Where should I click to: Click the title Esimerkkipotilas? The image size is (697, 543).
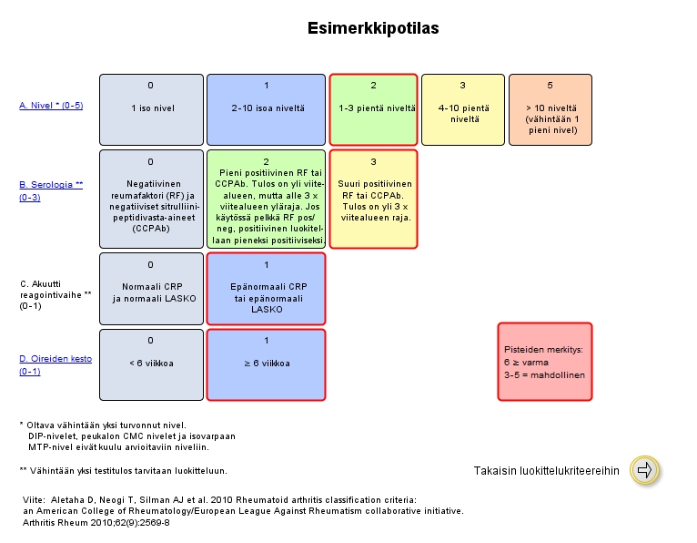(374, 28)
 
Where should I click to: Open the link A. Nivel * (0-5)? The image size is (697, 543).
(51, 106)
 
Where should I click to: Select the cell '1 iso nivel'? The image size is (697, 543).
(150, 108)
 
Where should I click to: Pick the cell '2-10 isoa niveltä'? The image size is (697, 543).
(266, 108)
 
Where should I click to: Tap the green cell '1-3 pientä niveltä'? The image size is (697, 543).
(373, 108)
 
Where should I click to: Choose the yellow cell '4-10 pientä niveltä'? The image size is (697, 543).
(461, 108)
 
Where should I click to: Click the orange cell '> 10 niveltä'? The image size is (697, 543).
(550, 108)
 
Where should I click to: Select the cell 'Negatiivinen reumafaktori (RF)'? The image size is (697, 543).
(150, 199)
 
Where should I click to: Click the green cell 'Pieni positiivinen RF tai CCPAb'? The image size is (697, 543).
(266, 199)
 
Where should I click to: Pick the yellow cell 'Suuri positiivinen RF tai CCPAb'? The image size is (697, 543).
(373, 199)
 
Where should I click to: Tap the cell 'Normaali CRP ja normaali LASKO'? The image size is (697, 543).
(150, 288)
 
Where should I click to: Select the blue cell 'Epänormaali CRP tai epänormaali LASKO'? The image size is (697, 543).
(266, 288)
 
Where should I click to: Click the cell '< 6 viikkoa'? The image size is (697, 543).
(150, 364)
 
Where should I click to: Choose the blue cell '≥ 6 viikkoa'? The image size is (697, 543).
(266, 364)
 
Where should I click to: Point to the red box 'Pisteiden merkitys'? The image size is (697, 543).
(544, 362)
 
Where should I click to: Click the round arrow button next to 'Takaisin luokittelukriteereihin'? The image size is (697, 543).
(644, 470)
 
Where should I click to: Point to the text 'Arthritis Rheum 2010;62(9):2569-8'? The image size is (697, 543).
(96, 522)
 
